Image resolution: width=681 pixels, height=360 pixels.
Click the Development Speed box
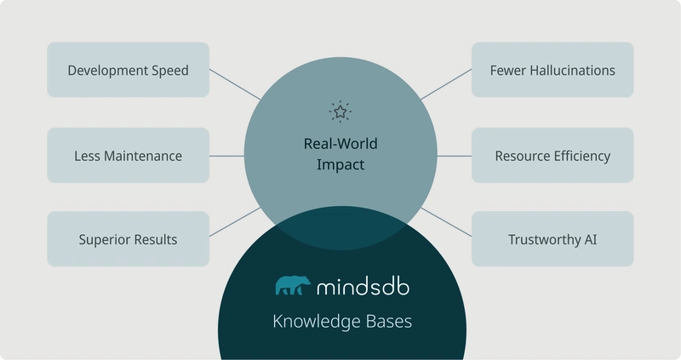tap(129, 70)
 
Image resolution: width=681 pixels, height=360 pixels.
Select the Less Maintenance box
tap(129, 155)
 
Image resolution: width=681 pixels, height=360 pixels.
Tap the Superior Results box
tap(129, 239)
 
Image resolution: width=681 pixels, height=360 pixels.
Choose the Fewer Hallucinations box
tap(552, 70)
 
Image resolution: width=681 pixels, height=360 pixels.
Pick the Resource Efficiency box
tap(552, 155)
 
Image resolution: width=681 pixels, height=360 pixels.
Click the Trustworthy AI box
tap(552, 239)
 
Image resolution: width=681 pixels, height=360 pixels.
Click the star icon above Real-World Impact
tap(340, 111)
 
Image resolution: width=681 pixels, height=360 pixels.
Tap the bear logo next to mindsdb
tap(293, 285)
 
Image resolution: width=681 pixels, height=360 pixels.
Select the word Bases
tap(389, 322)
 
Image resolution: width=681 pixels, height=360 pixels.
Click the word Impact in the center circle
tap(340, 165)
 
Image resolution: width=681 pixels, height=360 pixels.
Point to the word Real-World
tap(340, 144)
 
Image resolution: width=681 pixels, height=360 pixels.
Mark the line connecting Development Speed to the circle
tap(235, 84)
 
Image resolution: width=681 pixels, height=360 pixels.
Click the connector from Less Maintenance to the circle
tap(226, 156)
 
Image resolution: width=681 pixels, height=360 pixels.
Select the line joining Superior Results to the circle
tap(235, 222)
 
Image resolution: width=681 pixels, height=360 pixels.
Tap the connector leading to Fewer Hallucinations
tap(446, 84)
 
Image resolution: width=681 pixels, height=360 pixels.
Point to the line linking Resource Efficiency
tap(455, 156)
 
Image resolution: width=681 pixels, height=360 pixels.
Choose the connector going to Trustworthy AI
tap(446, 222)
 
